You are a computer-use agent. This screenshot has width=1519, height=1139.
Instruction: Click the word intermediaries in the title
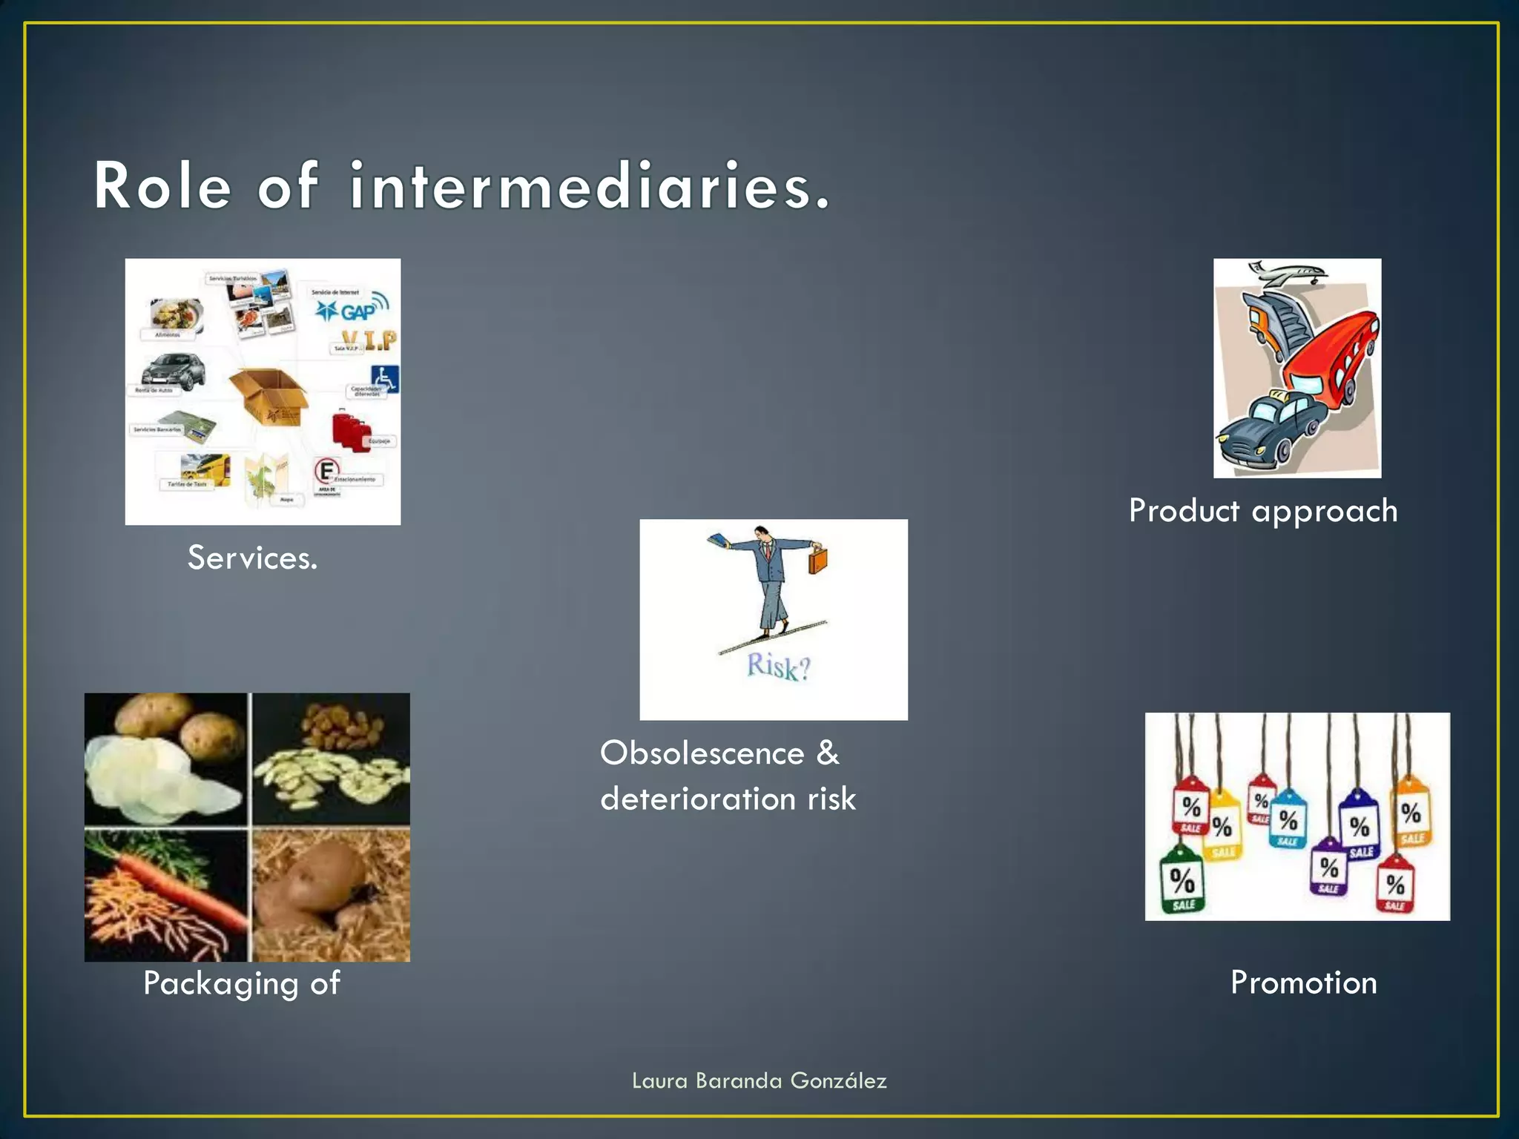(590, 187)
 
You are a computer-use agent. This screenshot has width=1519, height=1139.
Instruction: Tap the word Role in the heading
(162, 187)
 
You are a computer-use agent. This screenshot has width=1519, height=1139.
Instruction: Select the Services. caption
(252, 558)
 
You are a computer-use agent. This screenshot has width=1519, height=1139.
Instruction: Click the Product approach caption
(1263, 512)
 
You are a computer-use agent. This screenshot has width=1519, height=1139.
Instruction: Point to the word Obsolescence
(702, 753)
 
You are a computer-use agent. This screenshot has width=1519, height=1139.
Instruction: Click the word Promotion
(1303, 983)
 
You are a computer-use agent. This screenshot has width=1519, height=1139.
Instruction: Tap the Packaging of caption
(242, 984)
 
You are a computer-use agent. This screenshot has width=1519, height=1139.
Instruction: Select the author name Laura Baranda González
(759, 1081)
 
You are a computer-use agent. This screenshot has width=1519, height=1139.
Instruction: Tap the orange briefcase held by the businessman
(817, 560)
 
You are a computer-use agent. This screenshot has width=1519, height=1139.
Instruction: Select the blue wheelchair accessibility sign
(385, 378)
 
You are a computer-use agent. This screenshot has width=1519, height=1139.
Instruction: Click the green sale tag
(1182, 882)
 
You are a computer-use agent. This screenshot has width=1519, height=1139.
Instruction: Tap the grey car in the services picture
(174, 371)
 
